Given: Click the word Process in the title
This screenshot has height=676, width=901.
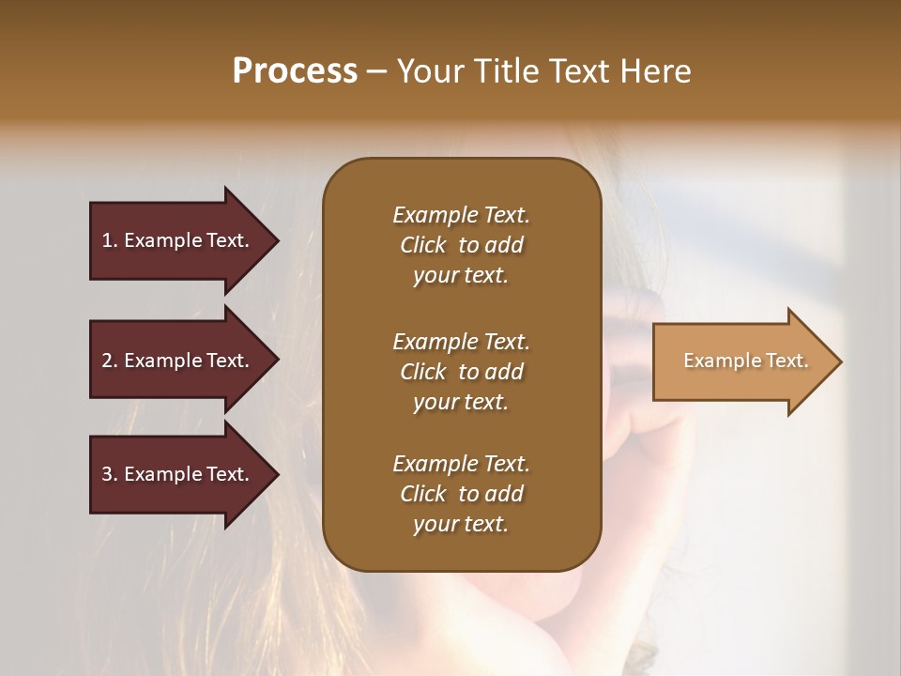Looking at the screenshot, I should point(295,71).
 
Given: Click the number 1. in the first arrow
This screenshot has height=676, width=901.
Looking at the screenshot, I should point(110,240).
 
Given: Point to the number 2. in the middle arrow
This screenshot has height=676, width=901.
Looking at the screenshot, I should point(110,361).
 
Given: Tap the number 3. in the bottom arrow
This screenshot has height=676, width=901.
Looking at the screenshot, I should point(110,474).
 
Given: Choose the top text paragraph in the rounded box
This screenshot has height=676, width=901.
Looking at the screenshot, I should point(461,245).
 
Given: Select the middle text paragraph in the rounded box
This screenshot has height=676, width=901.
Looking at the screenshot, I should point(461,371).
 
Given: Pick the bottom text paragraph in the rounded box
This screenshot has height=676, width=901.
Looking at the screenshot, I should point(461,494).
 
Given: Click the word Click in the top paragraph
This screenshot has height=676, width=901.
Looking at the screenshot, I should point(422,245).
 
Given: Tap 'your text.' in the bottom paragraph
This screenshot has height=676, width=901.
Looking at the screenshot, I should point(461,524).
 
